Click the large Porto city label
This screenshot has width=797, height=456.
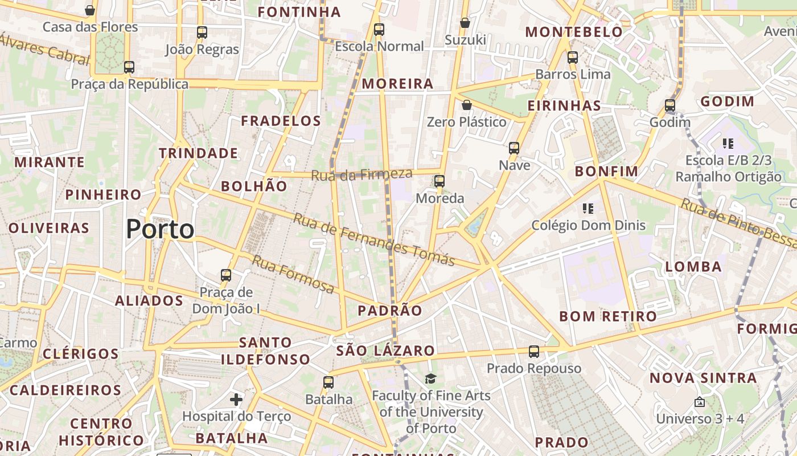tap(160, 229)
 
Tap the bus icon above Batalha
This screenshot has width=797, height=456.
tap(328, 382)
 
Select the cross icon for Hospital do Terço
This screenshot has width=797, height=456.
tap(236, 400)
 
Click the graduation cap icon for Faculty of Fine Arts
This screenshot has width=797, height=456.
tap(431, 378)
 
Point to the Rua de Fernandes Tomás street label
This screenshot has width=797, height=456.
tap(374, 239)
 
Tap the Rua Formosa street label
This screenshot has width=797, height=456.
tap(293, 274)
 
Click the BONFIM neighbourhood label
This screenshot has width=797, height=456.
tap(606, 171)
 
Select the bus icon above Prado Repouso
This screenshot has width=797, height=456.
tap(534, 351)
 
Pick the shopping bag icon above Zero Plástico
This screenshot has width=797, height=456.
tap(467, 105)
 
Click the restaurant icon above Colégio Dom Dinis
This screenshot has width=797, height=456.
tap(589, 209)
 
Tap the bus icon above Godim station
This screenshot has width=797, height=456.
tap(670, 105)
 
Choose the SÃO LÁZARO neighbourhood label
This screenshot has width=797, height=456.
tap(385, 351)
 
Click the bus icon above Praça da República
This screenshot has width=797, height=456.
tap(129, 67)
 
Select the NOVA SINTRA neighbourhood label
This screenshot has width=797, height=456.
tap(703, 378)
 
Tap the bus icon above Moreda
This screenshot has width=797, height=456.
tap(439, 181)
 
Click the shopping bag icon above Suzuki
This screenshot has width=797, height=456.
tap(465, 23)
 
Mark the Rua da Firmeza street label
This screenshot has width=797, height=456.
tap(361, 174)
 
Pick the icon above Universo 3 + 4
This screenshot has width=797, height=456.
tap(700, 402)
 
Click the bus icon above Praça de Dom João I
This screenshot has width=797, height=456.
tap(226, 275)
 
